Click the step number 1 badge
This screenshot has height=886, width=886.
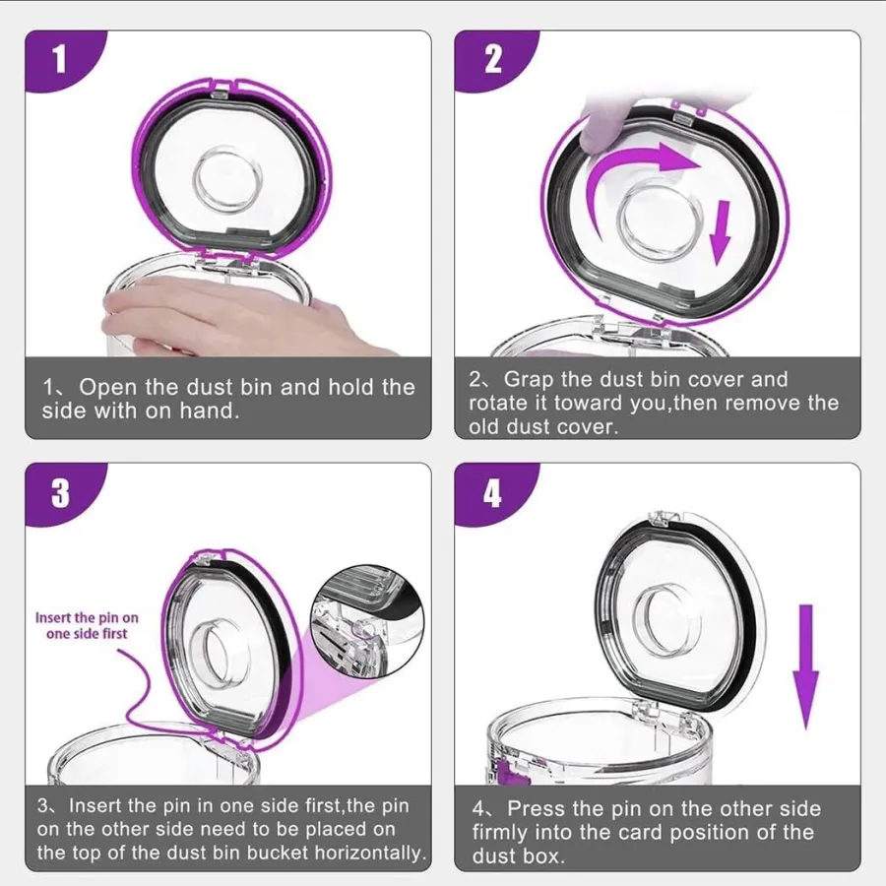60,59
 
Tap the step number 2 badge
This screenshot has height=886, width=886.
492,59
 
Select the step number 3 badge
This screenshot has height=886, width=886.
60,493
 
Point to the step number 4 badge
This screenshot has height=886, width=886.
492,494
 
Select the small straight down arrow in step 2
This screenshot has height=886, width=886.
720,231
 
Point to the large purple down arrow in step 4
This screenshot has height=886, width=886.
805,666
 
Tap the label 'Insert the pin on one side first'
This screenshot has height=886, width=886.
87,625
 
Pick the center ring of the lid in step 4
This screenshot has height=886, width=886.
666,617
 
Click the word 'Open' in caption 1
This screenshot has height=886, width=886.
107,387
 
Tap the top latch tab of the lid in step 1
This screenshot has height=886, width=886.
220,93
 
